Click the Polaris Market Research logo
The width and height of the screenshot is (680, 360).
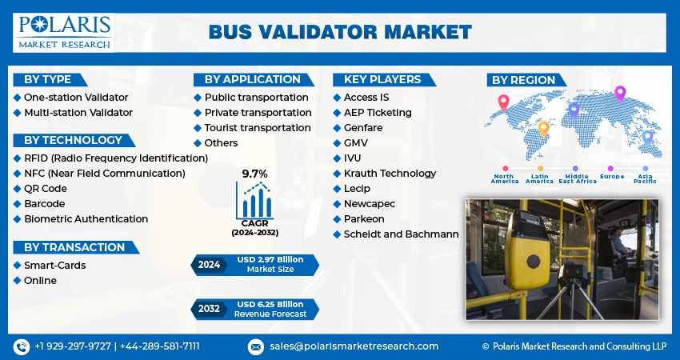point(63,31)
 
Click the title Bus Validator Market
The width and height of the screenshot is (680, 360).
point(340,32)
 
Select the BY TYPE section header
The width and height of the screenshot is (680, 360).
point(47,79)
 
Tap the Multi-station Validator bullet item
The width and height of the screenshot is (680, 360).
point(78,113)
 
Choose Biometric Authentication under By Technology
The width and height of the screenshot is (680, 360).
point(86,219)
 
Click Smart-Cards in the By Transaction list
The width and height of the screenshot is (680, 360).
point(54,266)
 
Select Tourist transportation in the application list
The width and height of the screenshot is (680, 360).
point(257,128)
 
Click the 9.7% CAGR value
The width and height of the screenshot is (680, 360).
point(254,174)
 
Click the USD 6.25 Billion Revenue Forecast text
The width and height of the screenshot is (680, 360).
point(270,309)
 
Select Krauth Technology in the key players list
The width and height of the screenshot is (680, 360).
point(389,174)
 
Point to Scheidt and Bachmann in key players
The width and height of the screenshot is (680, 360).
point(401,234)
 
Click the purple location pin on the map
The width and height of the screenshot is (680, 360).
point(619,94)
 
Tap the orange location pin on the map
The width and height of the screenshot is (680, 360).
point(543,129)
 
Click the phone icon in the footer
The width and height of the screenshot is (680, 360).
point(21,346)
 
